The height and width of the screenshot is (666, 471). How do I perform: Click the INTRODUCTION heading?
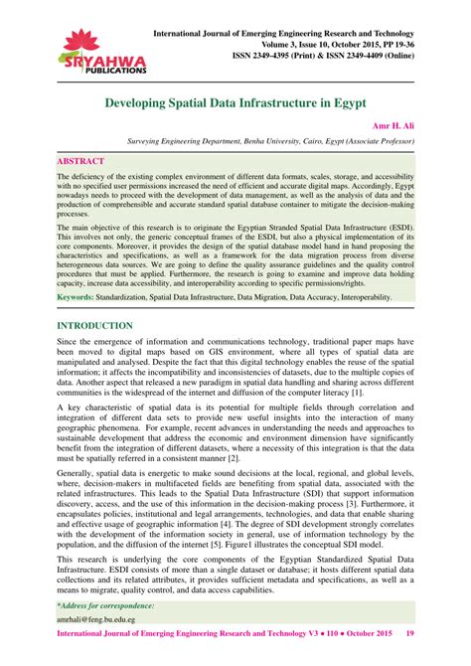(x=94, y=298)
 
